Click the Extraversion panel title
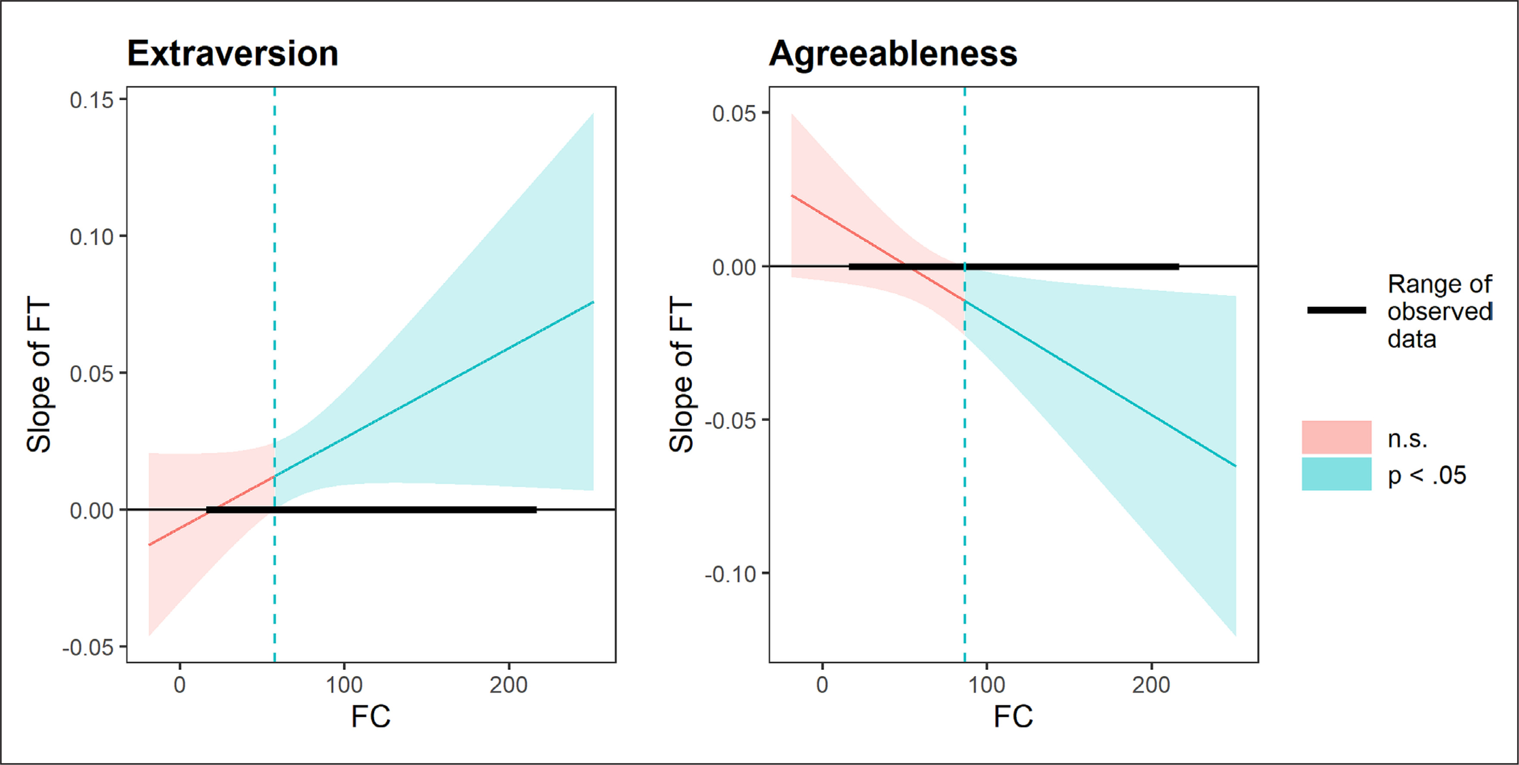[x=232, y=54]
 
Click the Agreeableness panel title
[x=893, y=54]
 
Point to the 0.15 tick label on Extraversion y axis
[x=91, y=100]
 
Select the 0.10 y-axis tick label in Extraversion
[x=91, y=237]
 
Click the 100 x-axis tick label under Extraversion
[x=344, y=685]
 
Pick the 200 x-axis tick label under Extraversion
[x=508, y=685]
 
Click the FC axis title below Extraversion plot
[x=370, y=717]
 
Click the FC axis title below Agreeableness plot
[x=1013, y=717]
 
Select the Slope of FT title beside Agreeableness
[x=681, y=375]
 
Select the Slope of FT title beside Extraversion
[x=39, y=375]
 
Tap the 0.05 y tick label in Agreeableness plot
[x=734, y=113]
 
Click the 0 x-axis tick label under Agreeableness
[x=822, y=685]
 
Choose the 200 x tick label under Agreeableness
[x=1151, y=685]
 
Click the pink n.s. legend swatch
[x=1336, y=438]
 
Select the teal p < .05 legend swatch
[x=1336, y=474]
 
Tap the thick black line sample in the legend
[x=1336, y=310]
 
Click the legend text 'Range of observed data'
[x=1439, y=311]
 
